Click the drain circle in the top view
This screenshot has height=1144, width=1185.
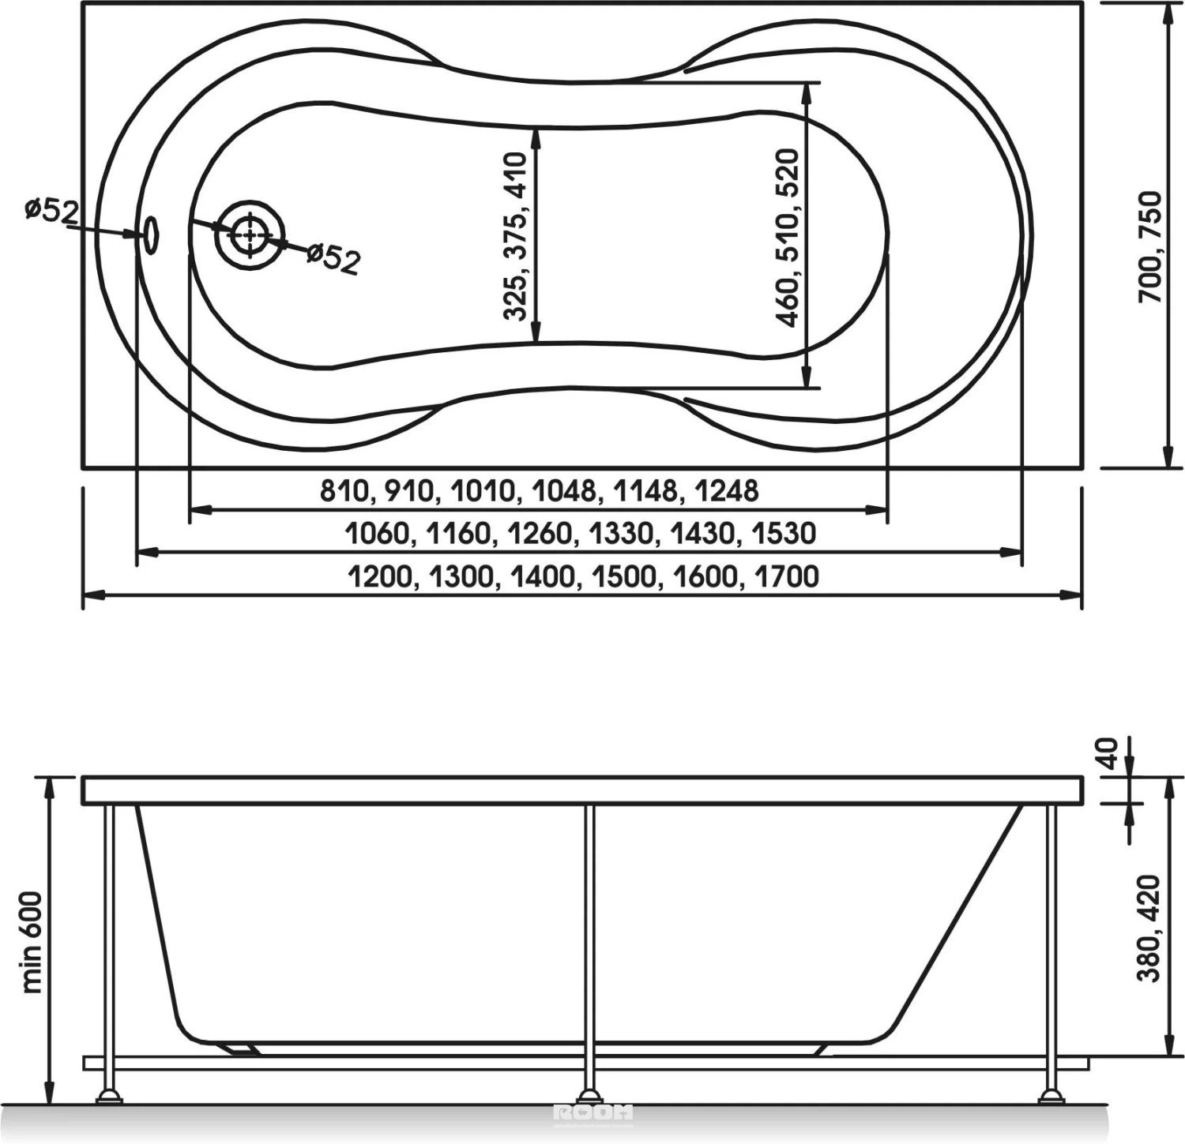tap(250, 234)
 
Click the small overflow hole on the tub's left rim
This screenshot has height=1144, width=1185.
tap(150, 233)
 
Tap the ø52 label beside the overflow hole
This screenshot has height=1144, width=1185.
tap(52, 211)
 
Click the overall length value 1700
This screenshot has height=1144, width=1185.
tap(787, 577)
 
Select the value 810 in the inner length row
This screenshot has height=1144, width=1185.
tap(343, 491)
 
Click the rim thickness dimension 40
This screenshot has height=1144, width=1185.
tap(1110, 753)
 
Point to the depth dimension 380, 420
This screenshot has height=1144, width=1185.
tap(1148, 927)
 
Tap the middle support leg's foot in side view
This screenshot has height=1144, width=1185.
tap(589, 1096)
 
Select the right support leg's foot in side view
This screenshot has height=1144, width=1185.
tap(1051, 1096)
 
